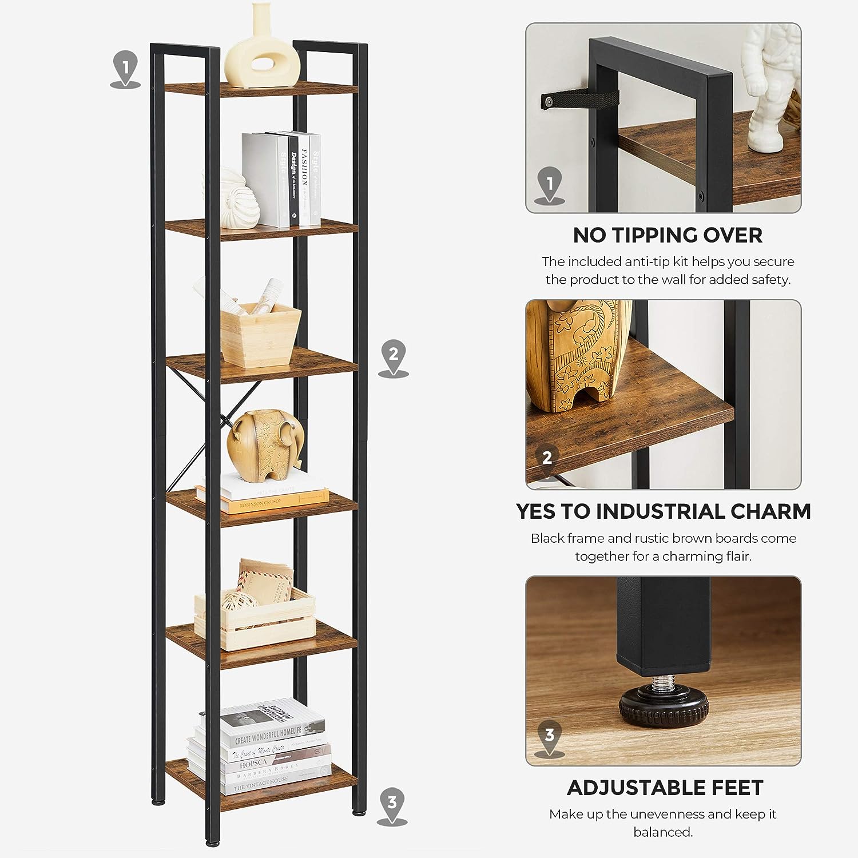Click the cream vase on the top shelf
[x=263, y=51]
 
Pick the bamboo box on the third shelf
[x=261, y=335]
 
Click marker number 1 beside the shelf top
[x=125, y=68]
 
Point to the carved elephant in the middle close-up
[x=578, y=355]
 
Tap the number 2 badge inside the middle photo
[x=547, y=458]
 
